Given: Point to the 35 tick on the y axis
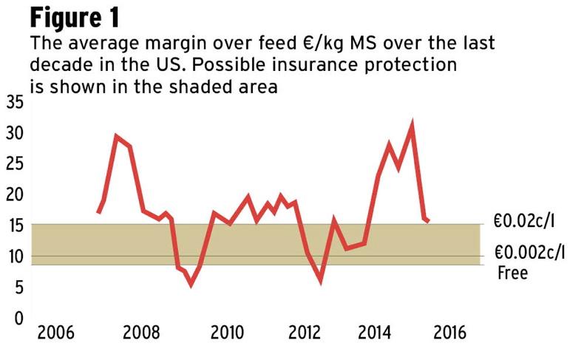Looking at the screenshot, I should tap(14, 103).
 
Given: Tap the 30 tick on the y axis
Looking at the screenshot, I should tap(14, 134).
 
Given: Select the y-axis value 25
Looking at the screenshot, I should tap(14, 165).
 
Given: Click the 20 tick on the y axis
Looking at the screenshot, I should tap(14, 195).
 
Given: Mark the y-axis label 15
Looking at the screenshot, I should tap(14, 226).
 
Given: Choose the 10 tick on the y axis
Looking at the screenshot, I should tap(14, 257).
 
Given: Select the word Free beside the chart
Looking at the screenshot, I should tap(513, 273).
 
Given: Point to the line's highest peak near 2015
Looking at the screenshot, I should tap(411, 126).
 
